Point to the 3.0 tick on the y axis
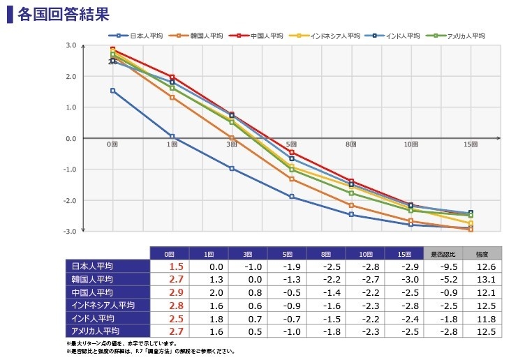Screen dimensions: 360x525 pos(71,45)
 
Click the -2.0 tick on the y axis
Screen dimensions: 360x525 pos(71,200)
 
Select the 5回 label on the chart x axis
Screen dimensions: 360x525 pos(292,144)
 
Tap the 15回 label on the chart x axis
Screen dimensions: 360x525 pos(471,144)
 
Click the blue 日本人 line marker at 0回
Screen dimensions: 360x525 pos(112,91)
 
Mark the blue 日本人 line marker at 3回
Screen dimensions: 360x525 pos(232,169)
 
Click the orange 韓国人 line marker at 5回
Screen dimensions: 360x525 pos(292,179)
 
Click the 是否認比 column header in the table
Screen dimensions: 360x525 pos(443,253)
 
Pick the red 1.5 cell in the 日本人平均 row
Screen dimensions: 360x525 pos(176,267)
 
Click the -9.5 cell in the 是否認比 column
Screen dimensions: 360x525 pos(443,267)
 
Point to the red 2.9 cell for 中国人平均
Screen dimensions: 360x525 pos(176,292)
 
